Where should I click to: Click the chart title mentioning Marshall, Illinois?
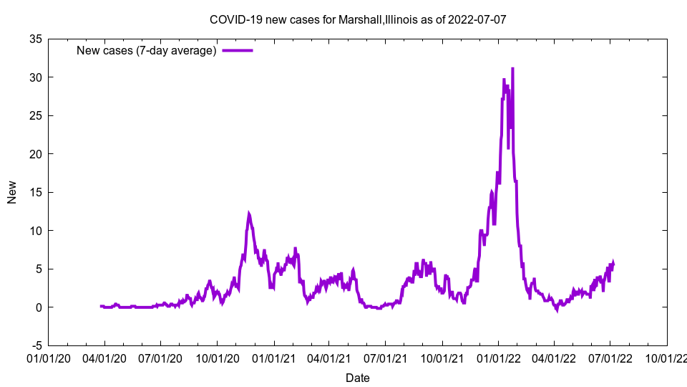[358, 19]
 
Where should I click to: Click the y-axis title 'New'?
[12, 192]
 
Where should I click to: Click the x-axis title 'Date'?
[358, 378]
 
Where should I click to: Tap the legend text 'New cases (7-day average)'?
[146, 50]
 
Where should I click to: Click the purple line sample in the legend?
[238, 50]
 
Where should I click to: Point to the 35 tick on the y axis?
[35, 39]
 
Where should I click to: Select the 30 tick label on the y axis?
[35, 77]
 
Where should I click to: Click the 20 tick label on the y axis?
[35, 154]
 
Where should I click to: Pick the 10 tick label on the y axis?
[35, 231]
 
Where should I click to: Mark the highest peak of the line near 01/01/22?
[512, 68]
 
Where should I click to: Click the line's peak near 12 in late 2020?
[249, 214]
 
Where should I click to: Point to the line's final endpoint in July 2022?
[613, 263]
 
